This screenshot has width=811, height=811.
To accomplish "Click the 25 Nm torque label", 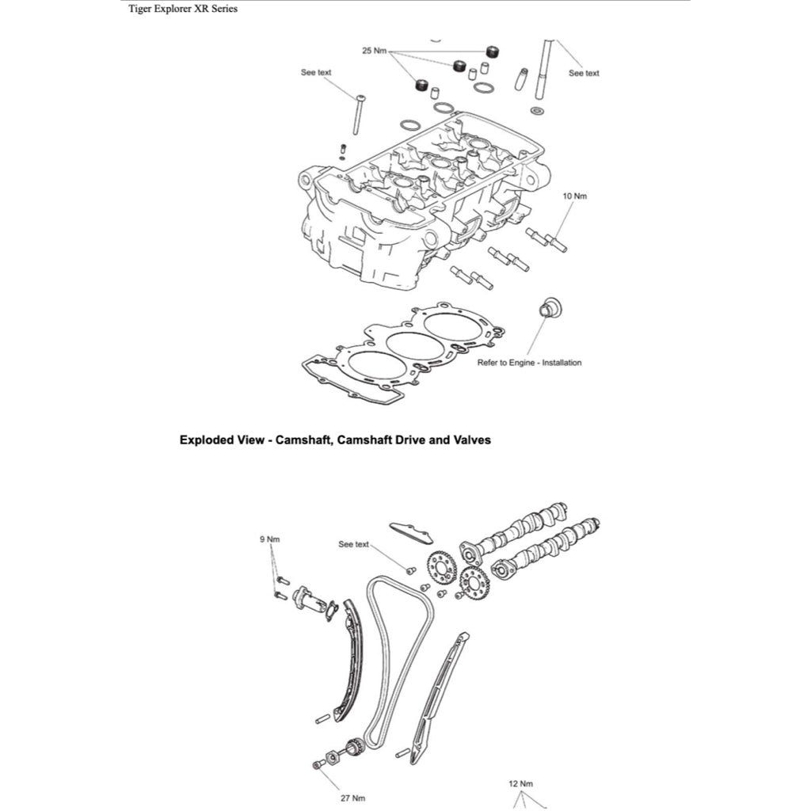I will pos(373,51).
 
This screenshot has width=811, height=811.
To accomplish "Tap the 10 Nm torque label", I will pos(575,195).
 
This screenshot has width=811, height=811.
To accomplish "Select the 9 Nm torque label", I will pos(269,539).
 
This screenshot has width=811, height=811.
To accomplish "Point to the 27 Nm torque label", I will pos(352,798).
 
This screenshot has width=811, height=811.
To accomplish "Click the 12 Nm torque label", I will pos(520,783).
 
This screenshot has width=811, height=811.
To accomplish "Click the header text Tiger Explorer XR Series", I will pos(182,10).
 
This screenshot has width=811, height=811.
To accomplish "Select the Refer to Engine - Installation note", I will pos(529,363).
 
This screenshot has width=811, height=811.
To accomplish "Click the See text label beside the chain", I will pos(353,545).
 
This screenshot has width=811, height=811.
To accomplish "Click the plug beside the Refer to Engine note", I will pos(546,308).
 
